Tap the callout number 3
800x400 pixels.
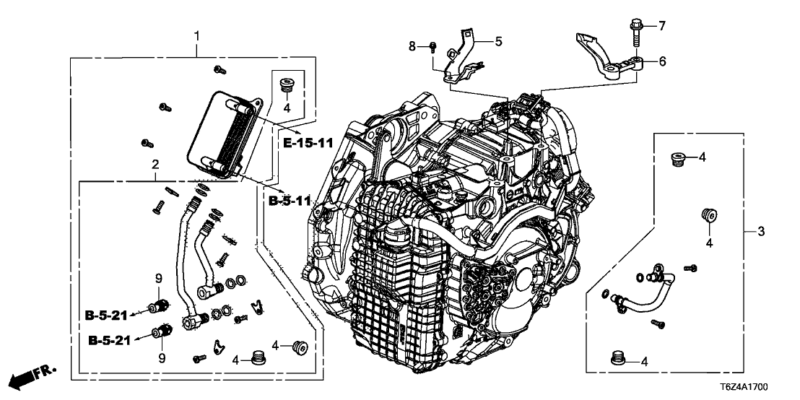pos(760,231)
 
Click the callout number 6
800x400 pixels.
pos(662,62)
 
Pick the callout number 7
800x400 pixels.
pos(661,26)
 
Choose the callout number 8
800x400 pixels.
pos(412,46)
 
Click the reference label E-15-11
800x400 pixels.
pos(307,143)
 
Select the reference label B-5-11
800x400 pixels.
pos(288,201)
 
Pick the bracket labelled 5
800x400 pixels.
pos(461,58)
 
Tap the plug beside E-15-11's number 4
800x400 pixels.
pos(286,85)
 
